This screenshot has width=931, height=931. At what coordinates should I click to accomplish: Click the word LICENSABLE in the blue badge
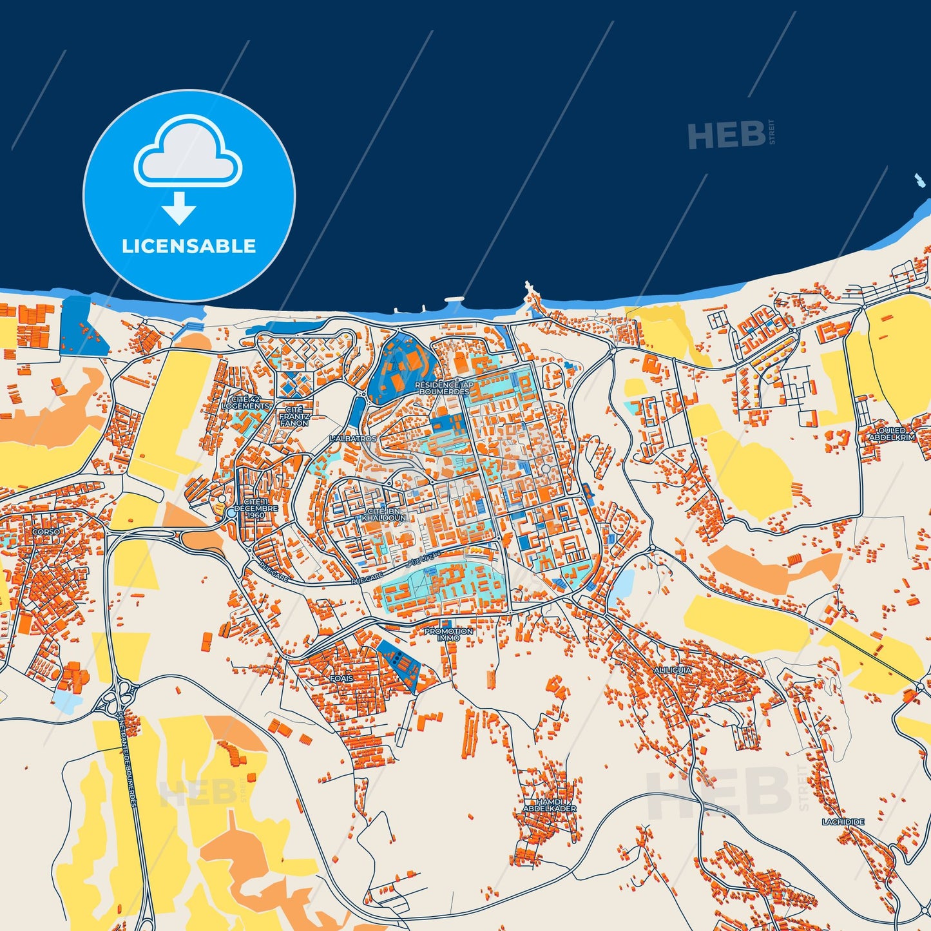189,246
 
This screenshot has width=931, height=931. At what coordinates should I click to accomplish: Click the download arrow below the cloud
178,209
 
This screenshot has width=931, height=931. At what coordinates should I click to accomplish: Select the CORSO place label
46,532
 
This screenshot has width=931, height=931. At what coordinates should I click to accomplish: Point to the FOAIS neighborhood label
341,678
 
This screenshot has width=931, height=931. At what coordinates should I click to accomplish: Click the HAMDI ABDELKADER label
549,804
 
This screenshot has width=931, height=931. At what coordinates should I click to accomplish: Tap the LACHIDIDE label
843,822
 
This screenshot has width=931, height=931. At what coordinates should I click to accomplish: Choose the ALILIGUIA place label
673,670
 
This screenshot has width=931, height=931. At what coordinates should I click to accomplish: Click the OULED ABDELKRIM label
892,434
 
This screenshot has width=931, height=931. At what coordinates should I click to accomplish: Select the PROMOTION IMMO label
448,635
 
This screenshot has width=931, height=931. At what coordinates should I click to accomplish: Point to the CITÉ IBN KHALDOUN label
384,514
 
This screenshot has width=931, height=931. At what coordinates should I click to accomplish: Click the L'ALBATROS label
352,439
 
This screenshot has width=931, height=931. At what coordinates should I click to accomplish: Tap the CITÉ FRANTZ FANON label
294,416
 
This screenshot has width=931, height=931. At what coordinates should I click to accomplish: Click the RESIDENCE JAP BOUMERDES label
444,388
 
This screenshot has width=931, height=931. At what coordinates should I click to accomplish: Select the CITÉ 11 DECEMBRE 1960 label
256,508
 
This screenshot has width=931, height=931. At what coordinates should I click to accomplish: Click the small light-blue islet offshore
917,180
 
